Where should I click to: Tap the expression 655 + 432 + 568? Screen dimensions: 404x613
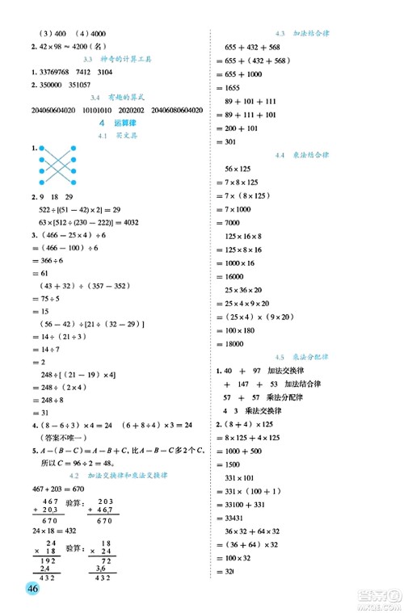257,47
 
